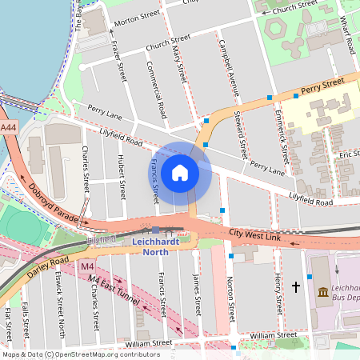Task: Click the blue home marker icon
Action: coord(180,172)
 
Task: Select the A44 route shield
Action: coord(8,127)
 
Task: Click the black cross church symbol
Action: coord(295,286)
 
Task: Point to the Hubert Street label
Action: coord(122,177)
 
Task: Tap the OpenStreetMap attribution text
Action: coord(81,354)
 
